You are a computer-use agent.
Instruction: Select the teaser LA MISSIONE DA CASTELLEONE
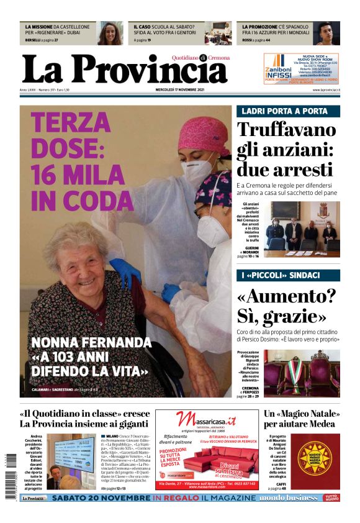(58, 30)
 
